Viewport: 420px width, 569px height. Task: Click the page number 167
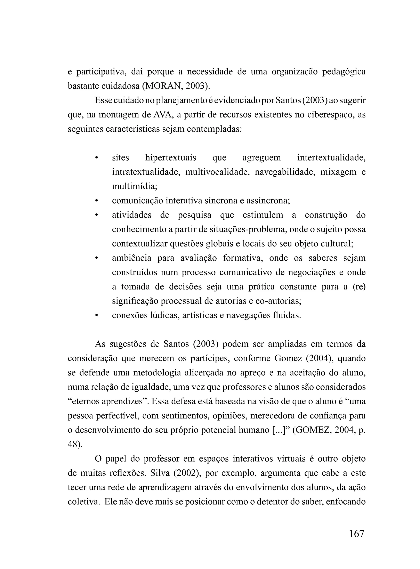coord(356,533)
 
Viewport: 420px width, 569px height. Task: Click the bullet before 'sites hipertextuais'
coord(96,158)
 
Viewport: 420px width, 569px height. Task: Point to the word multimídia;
coord(135,187)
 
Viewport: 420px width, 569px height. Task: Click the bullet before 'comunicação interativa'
coord(96,201)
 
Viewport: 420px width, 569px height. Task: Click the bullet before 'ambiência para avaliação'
coord(96,258)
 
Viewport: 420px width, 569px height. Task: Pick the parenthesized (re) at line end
coord(359,287)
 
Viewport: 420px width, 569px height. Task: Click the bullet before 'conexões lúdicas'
coord(96,316)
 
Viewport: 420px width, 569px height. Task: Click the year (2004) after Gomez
coord(319,359)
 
